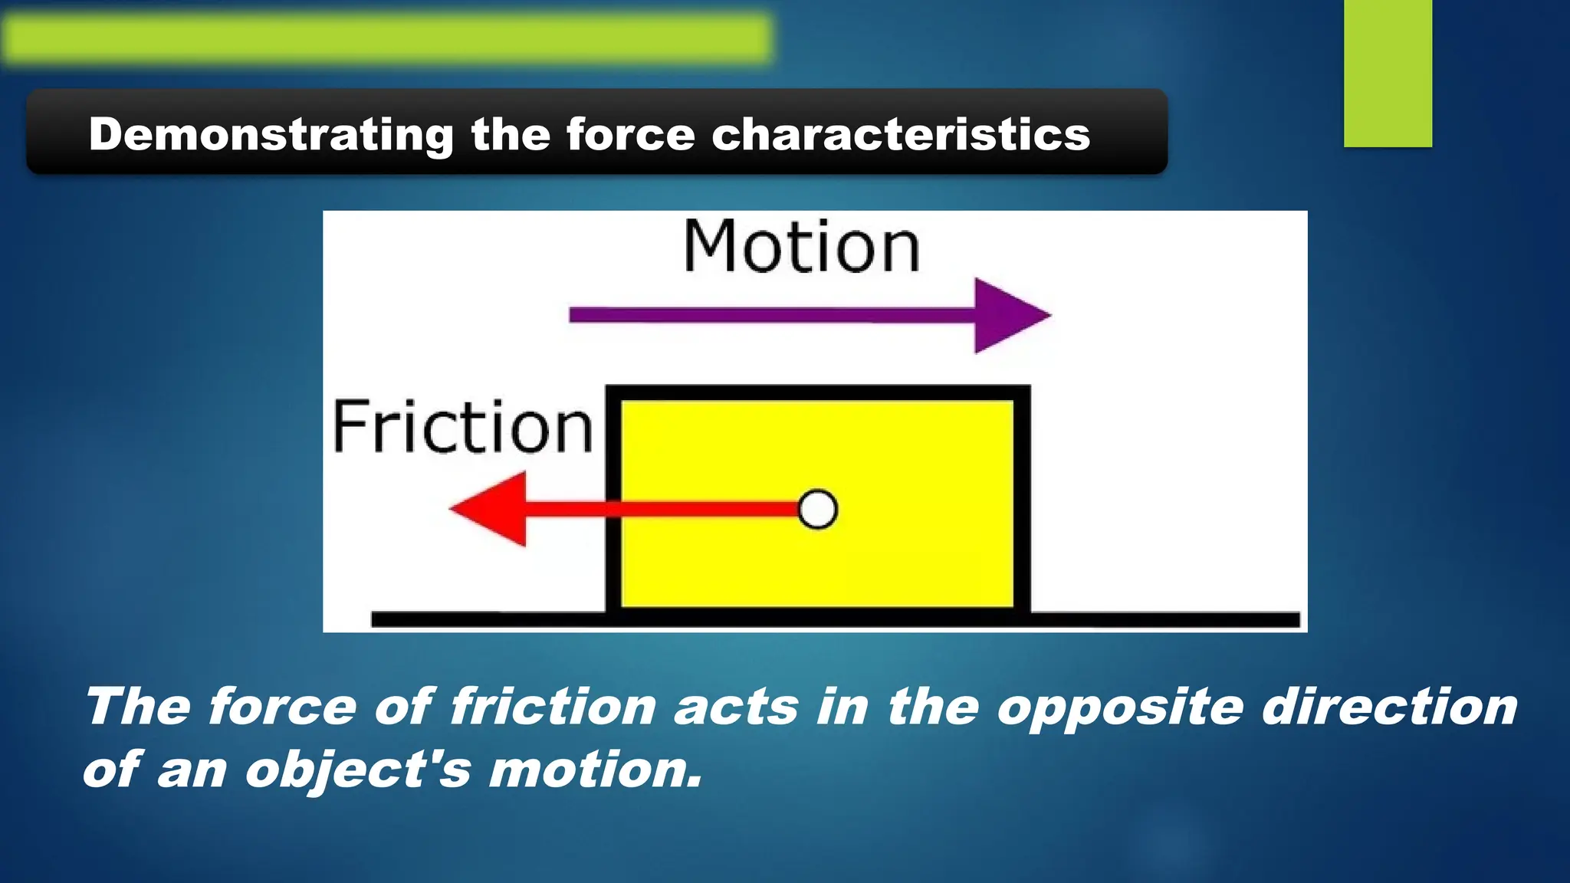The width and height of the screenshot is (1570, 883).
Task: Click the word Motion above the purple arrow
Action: point(801,247)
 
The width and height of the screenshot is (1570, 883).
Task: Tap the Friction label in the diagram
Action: point(463,427)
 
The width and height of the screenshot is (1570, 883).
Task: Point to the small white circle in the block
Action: point(817,510)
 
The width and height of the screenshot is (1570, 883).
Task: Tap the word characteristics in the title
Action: point(901,135)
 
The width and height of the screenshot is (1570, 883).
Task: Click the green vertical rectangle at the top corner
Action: point(1388,73)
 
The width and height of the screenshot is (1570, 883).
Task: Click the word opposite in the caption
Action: point(1120,707)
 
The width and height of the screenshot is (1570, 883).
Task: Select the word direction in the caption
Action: point(1389,706)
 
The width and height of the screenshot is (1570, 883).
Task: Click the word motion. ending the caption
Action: point(596,770)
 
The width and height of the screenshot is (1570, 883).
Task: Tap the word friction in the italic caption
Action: point(552,706)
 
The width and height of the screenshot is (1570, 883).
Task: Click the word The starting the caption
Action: point(138,706)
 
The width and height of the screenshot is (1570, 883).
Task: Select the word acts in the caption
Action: point(736,707)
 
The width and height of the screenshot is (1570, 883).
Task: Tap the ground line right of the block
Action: point(1165,619)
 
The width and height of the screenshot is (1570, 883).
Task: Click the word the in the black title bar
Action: point(510,135)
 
